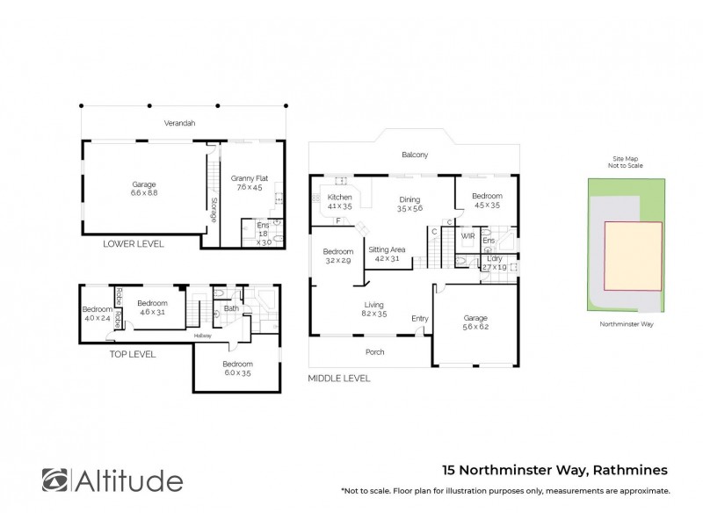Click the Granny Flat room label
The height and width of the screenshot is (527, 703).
point(250,178)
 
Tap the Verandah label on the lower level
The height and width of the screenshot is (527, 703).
point(183,123)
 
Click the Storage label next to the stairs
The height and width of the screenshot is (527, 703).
point(214,209)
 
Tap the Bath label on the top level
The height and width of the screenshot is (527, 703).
point(231,308)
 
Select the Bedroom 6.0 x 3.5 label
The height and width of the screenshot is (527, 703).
point(237,364)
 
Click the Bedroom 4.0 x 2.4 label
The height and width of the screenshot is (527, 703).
point(96,309)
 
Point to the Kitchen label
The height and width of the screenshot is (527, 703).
point(339,198)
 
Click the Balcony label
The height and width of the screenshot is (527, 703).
point(415,155)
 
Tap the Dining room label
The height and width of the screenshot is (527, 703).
point(410,199)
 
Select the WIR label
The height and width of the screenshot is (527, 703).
point(467,235)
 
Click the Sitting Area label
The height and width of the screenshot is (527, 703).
point(387,250)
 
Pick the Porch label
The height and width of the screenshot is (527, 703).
point(374,352)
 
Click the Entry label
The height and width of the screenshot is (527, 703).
point(420,318)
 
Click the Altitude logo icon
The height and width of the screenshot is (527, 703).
point(54,480)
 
